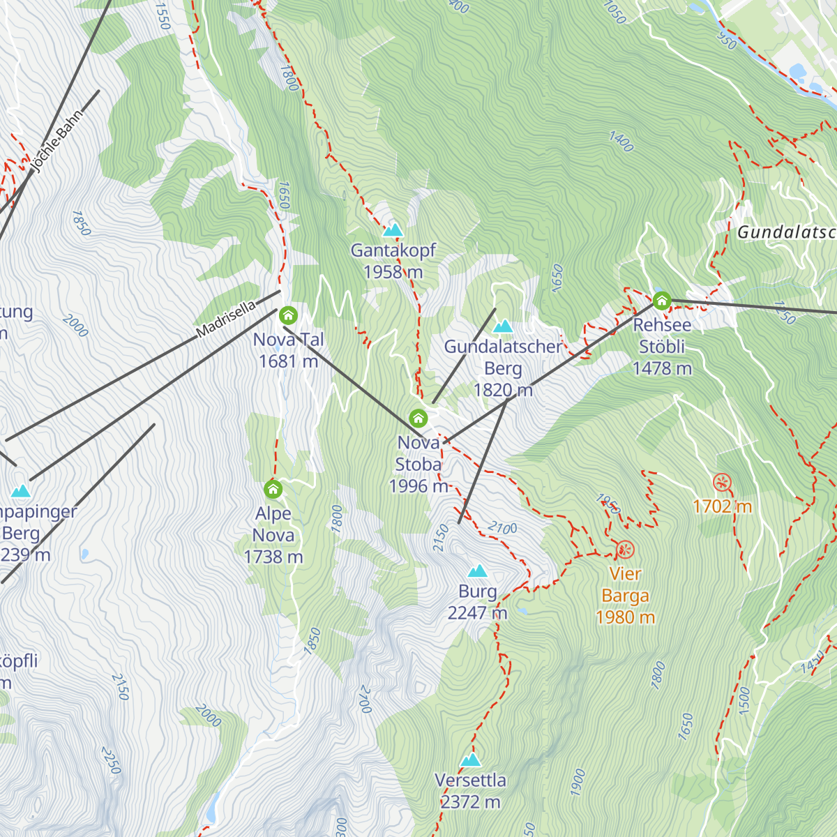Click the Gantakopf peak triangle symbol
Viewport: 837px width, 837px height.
(x=393, y=229)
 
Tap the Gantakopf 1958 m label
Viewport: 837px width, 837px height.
(x=393, y=261)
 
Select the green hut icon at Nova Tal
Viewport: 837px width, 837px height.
(x=288, y=316)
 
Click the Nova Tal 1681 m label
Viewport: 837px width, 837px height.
(x=288, y=350)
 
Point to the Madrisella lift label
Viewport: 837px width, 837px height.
(x=226, y=320)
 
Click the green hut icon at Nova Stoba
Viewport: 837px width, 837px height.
(x=418, y=418)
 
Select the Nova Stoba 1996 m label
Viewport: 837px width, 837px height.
(x=418, y=464)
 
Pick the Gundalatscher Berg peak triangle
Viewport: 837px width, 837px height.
(x=503, y=326)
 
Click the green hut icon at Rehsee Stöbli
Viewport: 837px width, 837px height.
(x=661, y=301)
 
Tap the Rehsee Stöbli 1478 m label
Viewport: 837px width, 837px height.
(x=662, y=347)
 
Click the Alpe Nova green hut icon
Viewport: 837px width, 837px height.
(x=273, y=489)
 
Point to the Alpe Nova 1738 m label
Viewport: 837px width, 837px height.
(x=273, y=535)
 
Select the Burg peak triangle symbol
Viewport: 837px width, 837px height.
(x=478, y=571)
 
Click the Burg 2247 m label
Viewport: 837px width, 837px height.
(x=478, y=602)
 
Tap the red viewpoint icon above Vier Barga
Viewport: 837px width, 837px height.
(x=625, y=550)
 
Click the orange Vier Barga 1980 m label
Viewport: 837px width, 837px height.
(x=625, y=596)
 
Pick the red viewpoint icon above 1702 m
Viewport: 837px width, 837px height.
(x=722, y=482)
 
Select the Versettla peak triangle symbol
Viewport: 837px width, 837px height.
(x=471, y=760)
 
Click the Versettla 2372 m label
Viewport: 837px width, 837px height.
(x=471, y=791)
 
